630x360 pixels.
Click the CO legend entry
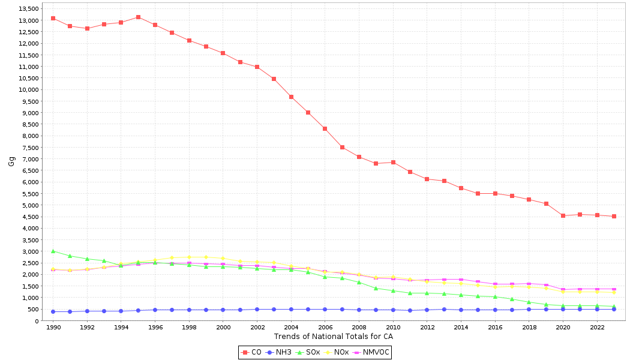252,352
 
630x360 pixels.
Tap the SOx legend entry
308,352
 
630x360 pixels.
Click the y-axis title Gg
11,161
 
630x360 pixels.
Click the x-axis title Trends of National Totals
333,336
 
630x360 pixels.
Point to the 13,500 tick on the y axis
29,9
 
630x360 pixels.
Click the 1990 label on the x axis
53,328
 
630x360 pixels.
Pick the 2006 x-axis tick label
325,328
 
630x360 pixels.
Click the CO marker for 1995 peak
138,17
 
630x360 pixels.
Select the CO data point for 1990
53,18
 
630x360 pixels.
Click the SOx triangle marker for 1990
53,251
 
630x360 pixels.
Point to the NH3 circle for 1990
53,311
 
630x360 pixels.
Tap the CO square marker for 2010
393,162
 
